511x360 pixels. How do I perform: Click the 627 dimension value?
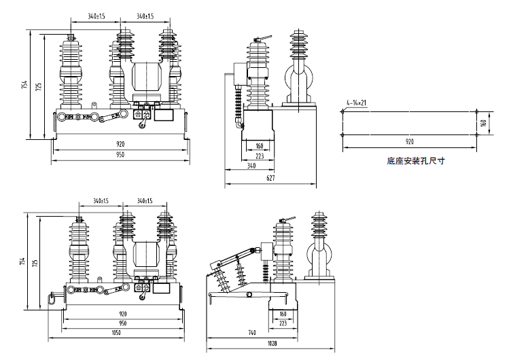point(270,179)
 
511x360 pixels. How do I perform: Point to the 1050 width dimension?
point(117,333)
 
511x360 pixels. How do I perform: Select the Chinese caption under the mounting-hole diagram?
point(415,162)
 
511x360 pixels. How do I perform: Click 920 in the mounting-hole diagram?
point(410,142)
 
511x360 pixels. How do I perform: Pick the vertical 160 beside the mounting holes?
point(483,123)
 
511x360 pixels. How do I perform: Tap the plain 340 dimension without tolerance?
point(251,165)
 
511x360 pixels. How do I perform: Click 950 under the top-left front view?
point(120,155)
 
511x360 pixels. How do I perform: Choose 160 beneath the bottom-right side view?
point(283,314)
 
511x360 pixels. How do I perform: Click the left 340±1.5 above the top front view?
point(96,16)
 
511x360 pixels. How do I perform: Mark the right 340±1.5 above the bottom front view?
point(144,201)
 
